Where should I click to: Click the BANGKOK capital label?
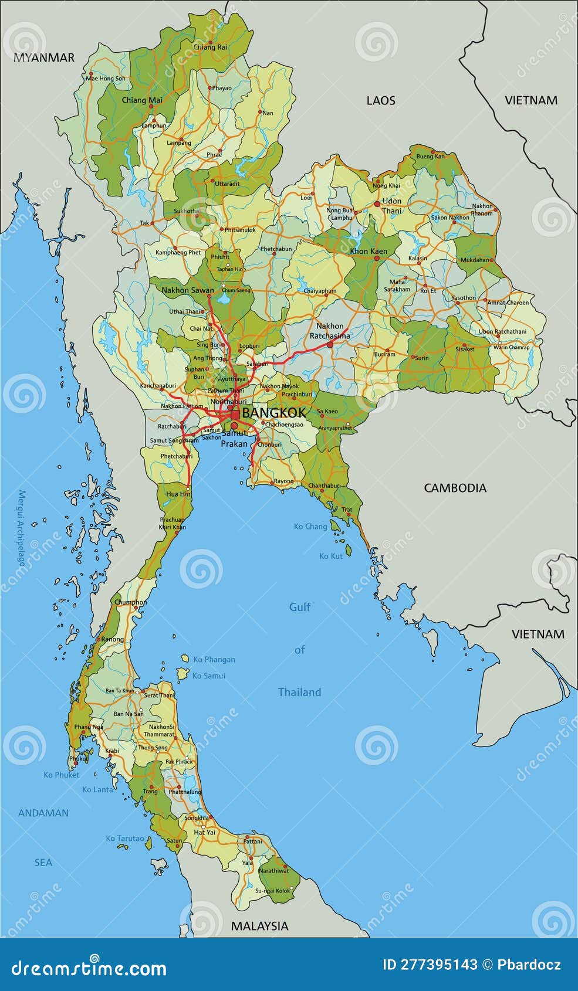point(273,412)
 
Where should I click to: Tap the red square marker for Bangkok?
point(235,414)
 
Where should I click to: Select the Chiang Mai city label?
point(141,100)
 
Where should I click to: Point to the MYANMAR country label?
point(44,57)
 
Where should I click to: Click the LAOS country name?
point(381,100)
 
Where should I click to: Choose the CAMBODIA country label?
point(455,488)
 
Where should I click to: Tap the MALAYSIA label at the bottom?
point(259,926)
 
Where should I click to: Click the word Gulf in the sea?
point(300,607)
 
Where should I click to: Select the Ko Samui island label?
point(208,676)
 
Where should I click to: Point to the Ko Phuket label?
point(61,775)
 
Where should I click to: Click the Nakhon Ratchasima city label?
point(330,331)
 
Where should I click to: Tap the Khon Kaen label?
point(369,251)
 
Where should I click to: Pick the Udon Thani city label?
point(391,206)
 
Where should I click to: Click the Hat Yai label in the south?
point(204,832)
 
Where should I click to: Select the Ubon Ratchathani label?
point(502,331)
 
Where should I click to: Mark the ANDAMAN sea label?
point(43,813)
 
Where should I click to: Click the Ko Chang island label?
point(310,527)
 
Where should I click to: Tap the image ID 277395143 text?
point(430,965)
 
